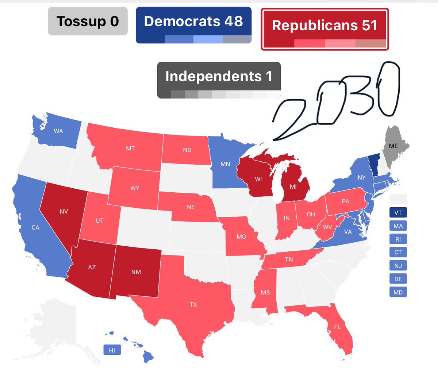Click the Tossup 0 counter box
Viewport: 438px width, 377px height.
pos(88,22)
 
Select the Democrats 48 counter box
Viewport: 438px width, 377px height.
pos(193,25)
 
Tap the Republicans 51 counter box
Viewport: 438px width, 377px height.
pos(324,29)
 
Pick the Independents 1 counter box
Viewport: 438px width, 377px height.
pos(219,80)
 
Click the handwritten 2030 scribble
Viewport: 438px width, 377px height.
pos(336,102)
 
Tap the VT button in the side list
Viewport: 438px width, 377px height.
pos(398,213)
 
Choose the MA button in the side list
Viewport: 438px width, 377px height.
pos(398,226)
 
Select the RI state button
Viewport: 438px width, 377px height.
pos(398,239)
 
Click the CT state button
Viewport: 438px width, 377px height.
pos(398,252)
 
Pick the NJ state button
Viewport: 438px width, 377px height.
pos(398,266)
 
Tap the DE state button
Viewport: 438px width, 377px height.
pos(398,279)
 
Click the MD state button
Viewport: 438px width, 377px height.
pos(398,292)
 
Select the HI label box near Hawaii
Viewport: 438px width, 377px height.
pos(112,350)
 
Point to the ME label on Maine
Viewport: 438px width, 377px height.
pos(393,146)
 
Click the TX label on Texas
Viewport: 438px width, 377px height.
pos(193,304)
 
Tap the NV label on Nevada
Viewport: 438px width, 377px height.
pos(64,211)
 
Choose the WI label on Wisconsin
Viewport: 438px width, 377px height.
pos(258,179)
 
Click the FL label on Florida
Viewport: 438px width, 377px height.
pos(337,327)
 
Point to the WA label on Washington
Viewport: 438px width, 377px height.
pos(58,131)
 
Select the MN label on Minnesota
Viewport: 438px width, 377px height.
pos(225,164)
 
